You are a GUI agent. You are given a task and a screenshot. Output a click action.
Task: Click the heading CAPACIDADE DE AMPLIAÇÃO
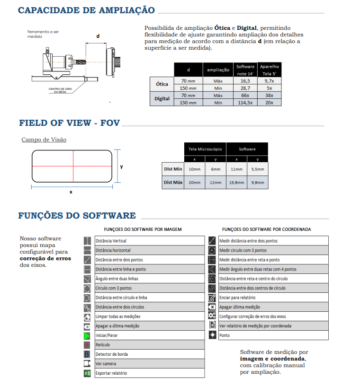86,10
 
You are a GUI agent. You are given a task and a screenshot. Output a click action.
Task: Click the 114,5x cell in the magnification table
245,103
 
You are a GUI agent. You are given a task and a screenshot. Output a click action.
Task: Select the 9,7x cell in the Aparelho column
269,81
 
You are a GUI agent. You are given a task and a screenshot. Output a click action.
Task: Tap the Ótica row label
162,84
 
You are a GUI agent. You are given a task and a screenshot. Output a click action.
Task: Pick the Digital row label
162,99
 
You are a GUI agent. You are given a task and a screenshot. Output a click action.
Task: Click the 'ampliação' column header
218,70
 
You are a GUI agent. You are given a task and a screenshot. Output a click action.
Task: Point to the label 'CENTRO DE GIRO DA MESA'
60,90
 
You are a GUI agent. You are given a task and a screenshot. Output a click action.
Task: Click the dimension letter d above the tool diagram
98,36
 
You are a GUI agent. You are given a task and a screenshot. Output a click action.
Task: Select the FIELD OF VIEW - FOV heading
69,123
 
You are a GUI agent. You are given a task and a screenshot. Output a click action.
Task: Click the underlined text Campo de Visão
44,140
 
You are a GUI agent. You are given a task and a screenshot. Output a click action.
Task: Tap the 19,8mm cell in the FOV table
236,183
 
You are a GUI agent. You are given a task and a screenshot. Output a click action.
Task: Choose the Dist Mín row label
173,169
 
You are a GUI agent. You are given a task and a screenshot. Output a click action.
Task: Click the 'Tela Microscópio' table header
205,149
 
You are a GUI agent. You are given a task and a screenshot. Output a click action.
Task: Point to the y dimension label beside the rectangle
121,167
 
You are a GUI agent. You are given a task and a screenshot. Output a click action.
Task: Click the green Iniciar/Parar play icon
87,335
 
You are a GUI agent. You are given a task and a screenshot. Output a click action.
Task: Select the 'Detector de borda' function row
112,354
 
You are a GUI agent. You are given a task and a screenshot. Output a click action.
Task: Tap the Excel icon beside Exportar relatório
87,373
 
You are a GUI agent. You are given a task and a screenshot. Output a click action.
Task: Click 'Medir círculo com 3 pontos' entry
243,250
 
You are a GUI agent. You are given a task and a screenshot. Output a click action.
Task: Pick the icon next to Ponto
212,335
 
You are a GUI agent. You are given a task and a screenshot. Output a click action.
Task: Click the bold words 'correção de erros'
45,259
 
